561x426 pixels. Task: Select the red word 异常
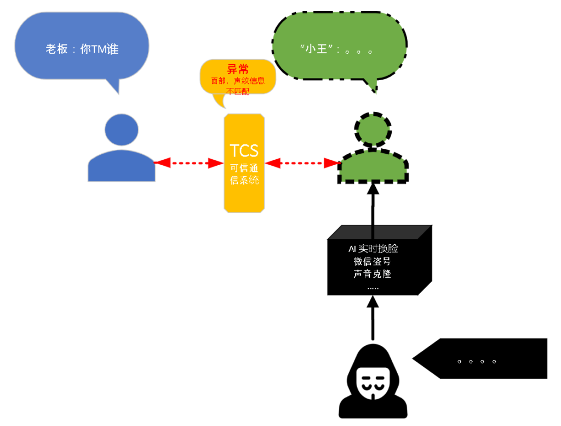pos(238,70)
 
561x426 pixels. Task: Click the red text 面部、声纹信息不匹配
pos(238,86)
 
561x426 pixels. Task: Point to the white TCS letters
pos(244,150)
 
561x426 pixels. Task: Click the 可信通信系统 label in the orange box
pos(244,173)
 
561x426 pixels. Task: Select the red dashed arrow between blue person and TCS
pos(190,162)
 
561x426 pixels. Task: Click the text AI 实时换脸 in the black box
pos(373,249)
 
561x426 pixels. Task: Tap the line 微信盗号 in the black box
pos(373,261)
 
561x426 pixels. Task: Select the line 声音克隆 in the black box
pos(373,274)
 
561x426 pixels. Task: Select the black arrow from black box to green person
pos(373,206)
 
